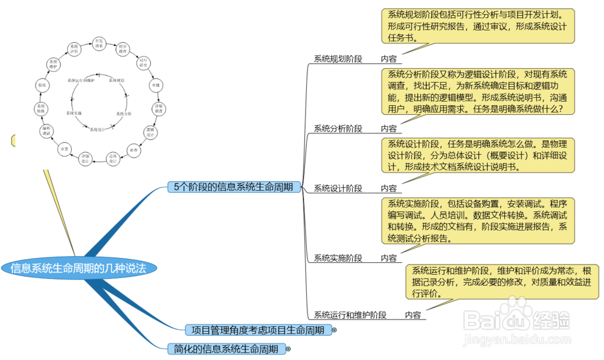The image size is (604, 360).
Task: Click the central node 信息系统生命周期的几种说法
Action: (x=79, y=268)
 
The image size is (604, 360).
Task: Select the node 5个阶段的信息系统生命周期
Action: (x=233, y=187)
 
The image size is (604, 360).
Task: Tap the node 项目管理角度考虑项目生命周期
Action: (x=257, y=330)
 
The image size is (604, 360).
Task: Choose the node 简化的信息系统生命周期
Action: (x=226, y=349)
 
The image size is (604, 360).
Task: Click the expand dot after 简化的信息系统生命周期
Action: (x=288, y=349)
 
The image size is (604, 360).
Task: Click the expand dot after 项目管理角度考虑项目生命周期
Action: (x=334, y=330)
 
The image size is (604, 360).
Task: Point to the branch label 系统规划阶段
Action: (x=338, y=59)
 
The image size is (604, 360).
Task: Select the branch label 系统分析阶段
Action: (x=338, y=129)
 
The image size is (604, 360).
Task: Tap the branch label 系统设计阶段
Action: (x=338, y=188)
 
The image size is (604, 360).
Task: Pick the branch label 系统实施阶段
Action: (x=338, y=259)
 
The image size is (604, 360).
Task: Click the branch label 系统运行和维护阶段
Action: (x=350, y=315)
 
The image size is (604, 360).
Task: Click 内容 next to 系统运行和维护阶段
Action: (x=413, y=315)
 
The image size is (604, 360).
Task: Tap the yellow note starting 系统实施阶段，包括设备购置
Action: (x=478, y=220)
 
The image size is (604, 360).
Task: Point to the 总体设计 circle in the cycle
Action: (x=112, y=159)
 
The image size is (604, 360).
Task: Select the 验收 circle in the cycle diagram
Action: (x=41, y=86)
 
